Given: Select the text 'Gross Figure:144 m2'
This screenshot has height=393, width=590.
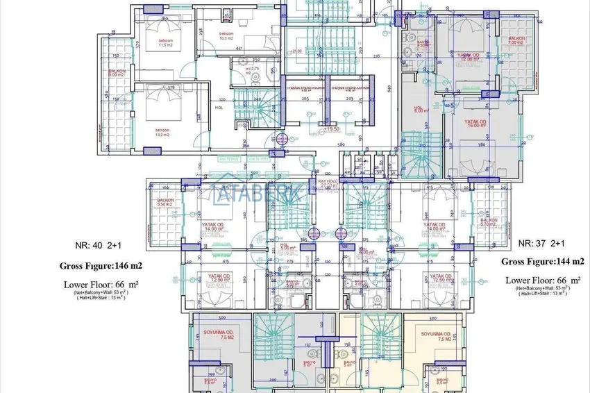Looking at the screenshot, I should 543,262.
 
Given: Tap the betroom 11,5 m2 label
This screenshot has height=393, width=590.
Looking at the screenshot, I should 165,43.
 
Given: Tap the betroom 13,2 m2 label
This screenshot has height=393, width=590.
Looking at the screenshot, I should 162,132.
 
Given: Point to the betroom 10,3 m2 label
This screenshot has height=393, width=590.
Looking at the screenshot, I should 226,36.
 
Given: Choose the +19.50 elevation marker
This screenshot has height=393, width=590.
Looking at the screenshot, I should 331,129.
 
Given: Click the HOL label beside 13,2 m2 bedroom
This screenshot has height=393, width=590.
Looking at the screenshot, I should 219,107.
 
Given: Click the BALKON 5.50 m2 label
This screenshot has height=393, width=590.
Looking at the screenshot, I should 165,202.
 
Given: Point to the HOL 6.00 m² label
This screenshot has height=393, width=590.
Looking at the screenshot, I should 419,109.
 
